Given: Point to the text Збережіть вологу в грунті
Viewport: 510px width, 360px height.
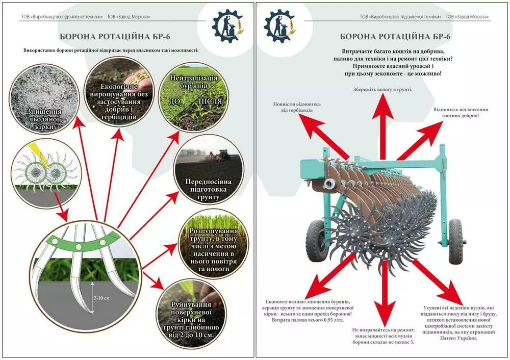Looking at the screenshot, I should [382, 90].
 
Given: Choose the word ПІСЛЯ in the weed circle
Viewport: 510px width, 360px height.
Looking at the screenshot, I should [211, 101].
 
